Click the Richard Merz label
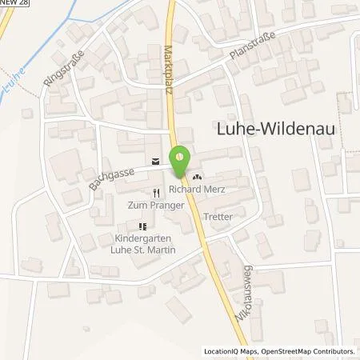(x=196, y=191)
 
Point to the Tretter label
(x=218, y=216)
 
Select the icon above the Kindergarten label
(x=143, y=226)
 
